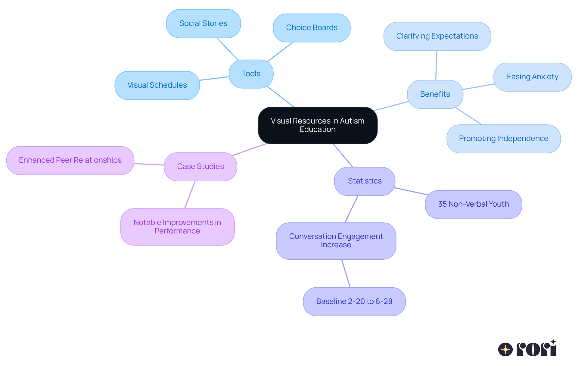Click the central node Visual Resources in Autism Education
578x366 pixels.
(318, 125)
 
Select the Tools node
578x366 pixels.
(251, 74)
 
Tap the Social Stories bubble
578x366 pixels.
(203, 23)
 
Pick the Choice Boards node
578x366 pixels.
(312, 28)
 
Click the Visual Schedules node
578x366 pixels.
(157, 85)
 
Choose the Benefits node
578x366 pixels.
(435, 94)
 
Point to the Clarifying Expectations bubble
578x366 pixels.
(437, 36)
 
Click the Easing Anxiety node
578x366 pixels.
(532, 77)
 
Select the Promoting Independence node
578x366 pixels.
(503, 139)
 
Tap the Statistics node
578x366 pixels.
(365, 181)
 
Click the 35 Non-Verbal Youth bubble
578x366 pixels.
(473, 204)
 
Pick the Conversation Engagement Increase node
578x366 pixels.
(336, 241)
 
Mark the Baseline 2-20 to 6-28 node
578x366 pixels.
(354, 302)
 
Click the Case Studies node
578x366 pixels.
(200, 167)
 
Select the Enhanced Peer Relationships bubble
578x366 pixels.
(70, 160)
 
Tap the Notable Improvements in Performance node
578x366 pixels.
(177, 227)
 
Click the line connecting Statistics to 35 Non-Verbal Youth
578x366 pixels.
(410, 191)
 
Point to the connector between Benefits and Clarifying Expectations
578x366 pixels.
(436, 65)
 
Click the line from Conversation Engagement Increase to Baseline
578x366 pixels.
(346, 274)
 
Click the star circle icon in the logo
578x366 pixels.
(505, 349)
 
